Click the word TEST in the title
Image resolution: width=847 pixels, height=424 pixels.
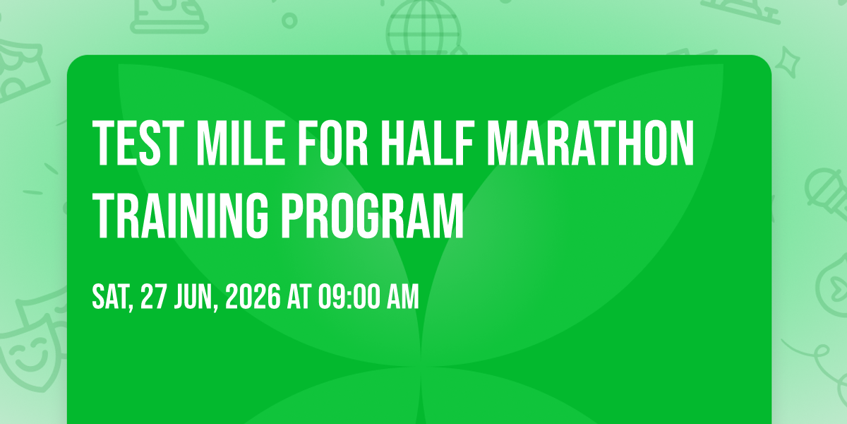point(138,143)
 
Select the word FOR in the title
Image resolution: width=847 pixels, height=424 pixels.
point(332,143)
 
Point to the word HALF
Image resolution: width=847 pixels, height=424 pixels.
point(427,143)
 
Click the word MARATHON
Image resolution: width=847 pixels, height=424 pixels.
point(591,143)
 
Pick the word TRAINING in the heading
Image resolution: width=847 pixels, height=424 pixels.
point(181,216)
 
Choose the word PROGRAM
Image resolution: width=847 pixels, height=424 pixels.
point(373,216)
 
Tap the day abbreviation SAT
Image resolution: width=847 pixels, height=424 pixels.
point(112,298)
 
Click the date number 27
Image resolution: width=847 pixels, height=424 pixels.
point(154,296)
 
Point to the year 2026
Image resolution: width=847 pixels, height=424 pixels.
point(253,296)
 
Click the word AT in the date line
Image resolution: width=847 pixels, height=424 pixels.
point(299,296)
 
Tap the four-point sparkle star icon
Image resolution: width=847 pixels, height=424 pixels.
point(787,62)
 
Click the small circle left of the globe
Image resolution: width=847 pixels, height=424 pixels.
point(289,20)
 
